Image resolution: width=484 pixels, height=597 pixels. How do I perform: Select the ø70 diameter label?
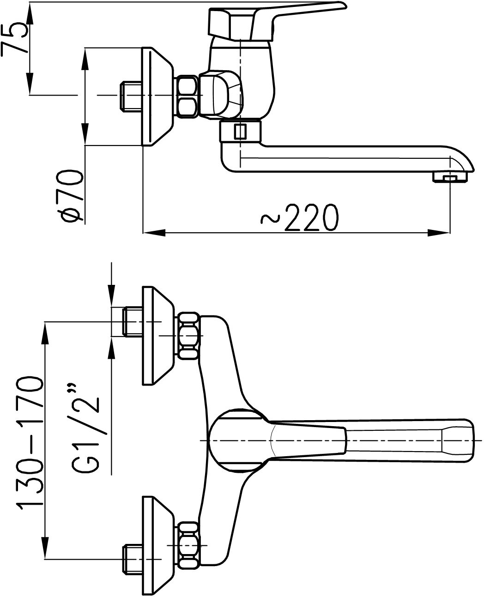[x=73, y=196]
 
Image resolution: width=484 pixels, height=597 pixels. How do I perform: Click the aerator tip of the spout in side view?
[x=450, y=177]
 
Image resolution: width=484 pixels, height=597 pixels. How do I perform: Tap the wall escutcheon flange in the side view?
[x=157, y=96]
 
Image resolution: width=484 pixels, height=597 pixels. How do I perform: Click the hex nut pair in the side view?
[x=187, y=96]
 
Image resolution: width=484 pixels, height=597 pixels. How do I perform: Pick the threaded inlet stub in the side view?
[x=131, y=96]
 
